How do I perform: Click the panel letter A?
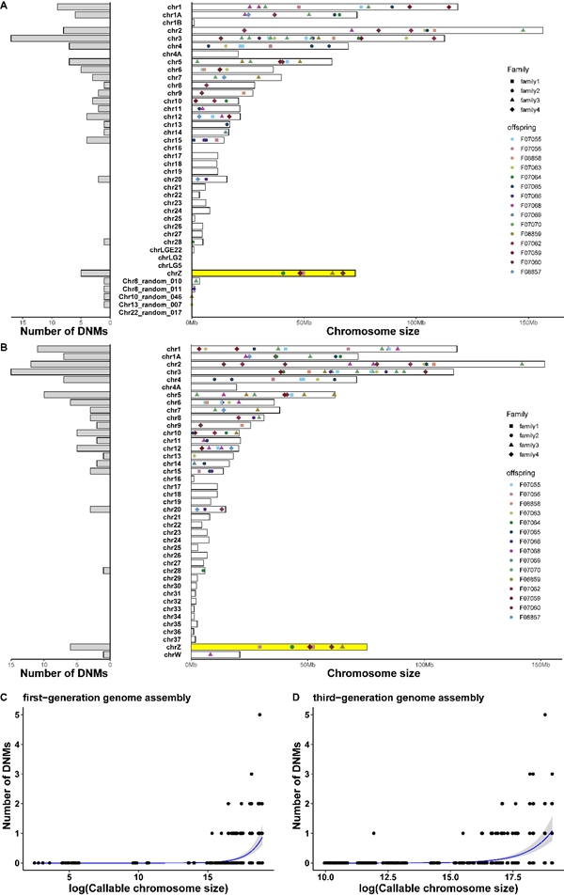(x=6, y=6)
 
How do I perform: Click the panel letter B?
(x=6, y=345)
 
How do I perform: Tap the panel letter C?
(x=6, y=698)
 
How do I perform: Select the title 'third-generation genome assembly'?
(x=390, y=698)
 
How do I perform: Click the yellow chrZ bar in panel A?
(x=274, y=273)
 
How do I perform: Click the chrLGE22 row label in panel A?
(x=165, y=249)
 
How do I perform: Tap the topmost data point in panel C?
(x=259, y=715)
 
